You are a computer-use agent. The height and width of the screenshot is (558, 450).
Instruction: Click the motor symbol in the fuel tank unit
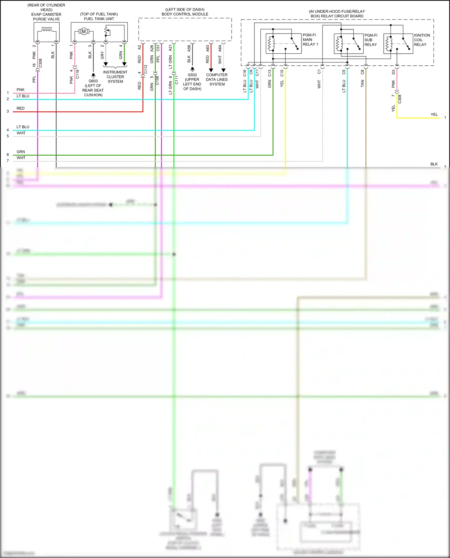tap(84, 31)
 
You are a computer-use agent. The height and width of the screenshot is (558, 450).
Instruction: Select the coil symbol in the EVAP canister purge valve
tap(46, 30)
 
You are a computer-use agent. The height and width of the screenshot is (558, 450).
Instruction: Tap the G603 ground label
tap(93, 81)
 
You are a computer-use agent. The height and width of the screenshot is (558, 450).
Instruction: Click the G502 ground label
tap(192, 75)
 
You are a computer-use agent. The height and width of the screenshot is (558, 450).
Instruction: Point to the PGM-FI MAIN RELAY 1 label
tap(310, 40)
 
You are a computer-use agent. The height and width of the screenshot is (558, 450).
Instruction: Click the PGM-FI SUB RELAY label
tap(370, 40)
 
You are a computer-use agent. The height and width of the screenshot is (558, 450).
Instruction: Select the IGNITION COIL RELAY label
tap(421, 40)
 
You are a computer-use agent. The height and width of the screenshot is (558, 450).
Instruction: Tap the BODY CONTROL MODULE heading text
tap(185, 14)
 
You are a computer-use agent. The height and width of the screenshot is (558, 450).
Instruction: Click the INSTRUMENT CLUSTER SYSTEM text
tap(115, 77)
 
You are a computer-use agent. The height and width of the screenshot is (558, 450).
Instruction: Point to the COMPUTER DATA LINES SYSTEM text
tap(217, 79)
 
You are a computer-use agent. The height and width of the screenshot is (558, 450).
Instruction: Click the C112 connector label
tap(146, 69)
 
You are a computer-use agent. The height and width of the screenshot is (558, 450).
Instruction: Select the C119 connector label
tap(77, 74)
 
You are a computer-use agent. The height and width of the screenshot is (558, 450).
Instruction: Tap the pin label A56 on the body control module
tap(189, 48)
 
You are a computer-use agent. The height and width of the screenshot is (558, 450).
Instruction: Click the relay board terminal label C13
tap(269, 73)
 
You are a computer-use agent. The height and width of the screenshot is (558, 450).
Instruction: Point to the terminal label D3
tap(393, 72)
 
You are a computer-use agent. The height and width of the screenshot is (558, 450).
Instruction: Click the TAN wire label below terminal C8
tap(362, 83)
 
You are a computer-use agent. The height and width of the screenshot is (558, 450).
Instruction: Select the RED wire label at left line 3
tap(20, 108)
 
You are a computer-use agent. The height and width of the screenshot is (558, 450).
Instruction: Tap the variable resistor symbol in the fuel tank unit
tap(106, 31)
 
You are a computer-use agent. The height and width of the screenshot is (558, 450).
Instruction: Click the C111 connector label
tap(176, 80)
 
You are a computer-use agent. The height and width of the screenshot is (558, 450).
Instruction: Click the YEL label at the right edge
tap(434, 115)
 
